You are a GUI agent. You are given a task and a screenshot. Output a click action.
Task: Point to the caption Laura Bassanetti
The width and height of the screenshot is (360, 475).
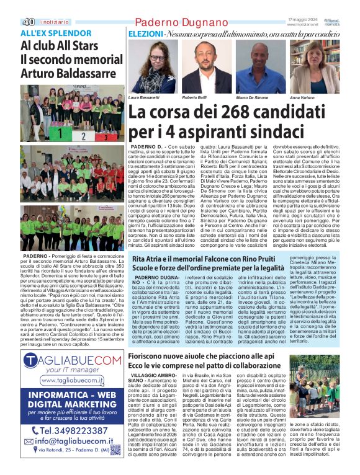point(144,98)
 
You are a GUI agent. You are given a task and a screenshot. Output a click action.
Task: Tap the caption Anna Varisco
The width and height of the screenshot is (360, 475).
point(302,98)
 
